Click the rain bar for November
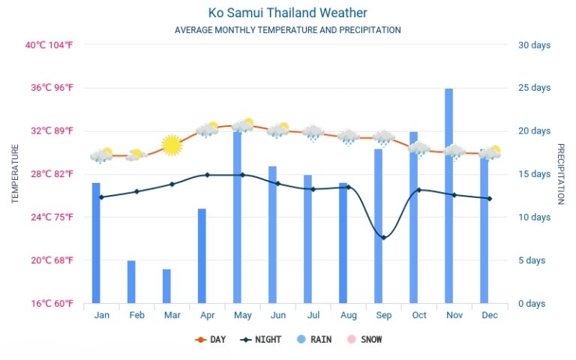[448, 196]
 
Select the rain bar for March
[166, 286]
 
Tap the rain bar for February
[131, 282]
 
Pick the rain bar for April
[202, 256]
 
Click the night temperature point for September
[384, 238]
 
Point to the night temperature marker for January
[102, 197]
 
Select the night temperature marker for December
[489, 199]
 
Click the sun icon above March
[172, 145]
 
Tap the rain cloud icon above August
[348, 138]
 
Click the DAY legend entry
[211, 340]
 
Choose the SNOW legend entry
[364, 340]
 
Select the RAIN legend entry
[314, 340]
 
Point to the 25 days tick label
[535, 88]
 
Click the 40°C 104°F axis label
[49, 45]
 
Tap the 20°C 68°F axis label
[52, 260]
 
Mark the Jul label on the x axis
[313, 315]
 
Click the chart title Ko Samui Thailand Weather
[288, 13]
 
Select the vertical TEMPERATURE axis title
[15, 174]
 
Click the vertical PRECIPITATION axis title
[561, 174]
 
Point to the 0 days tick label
[532, 304]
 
